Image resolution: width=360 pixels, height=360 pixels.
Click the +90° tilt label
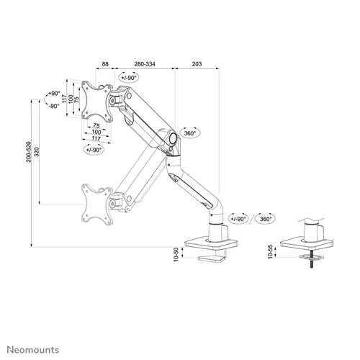53,94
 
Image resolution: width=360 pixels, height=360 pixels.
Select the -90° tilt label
53,106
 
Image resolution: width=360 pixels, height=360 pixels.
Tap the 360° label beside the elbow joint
191,133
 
